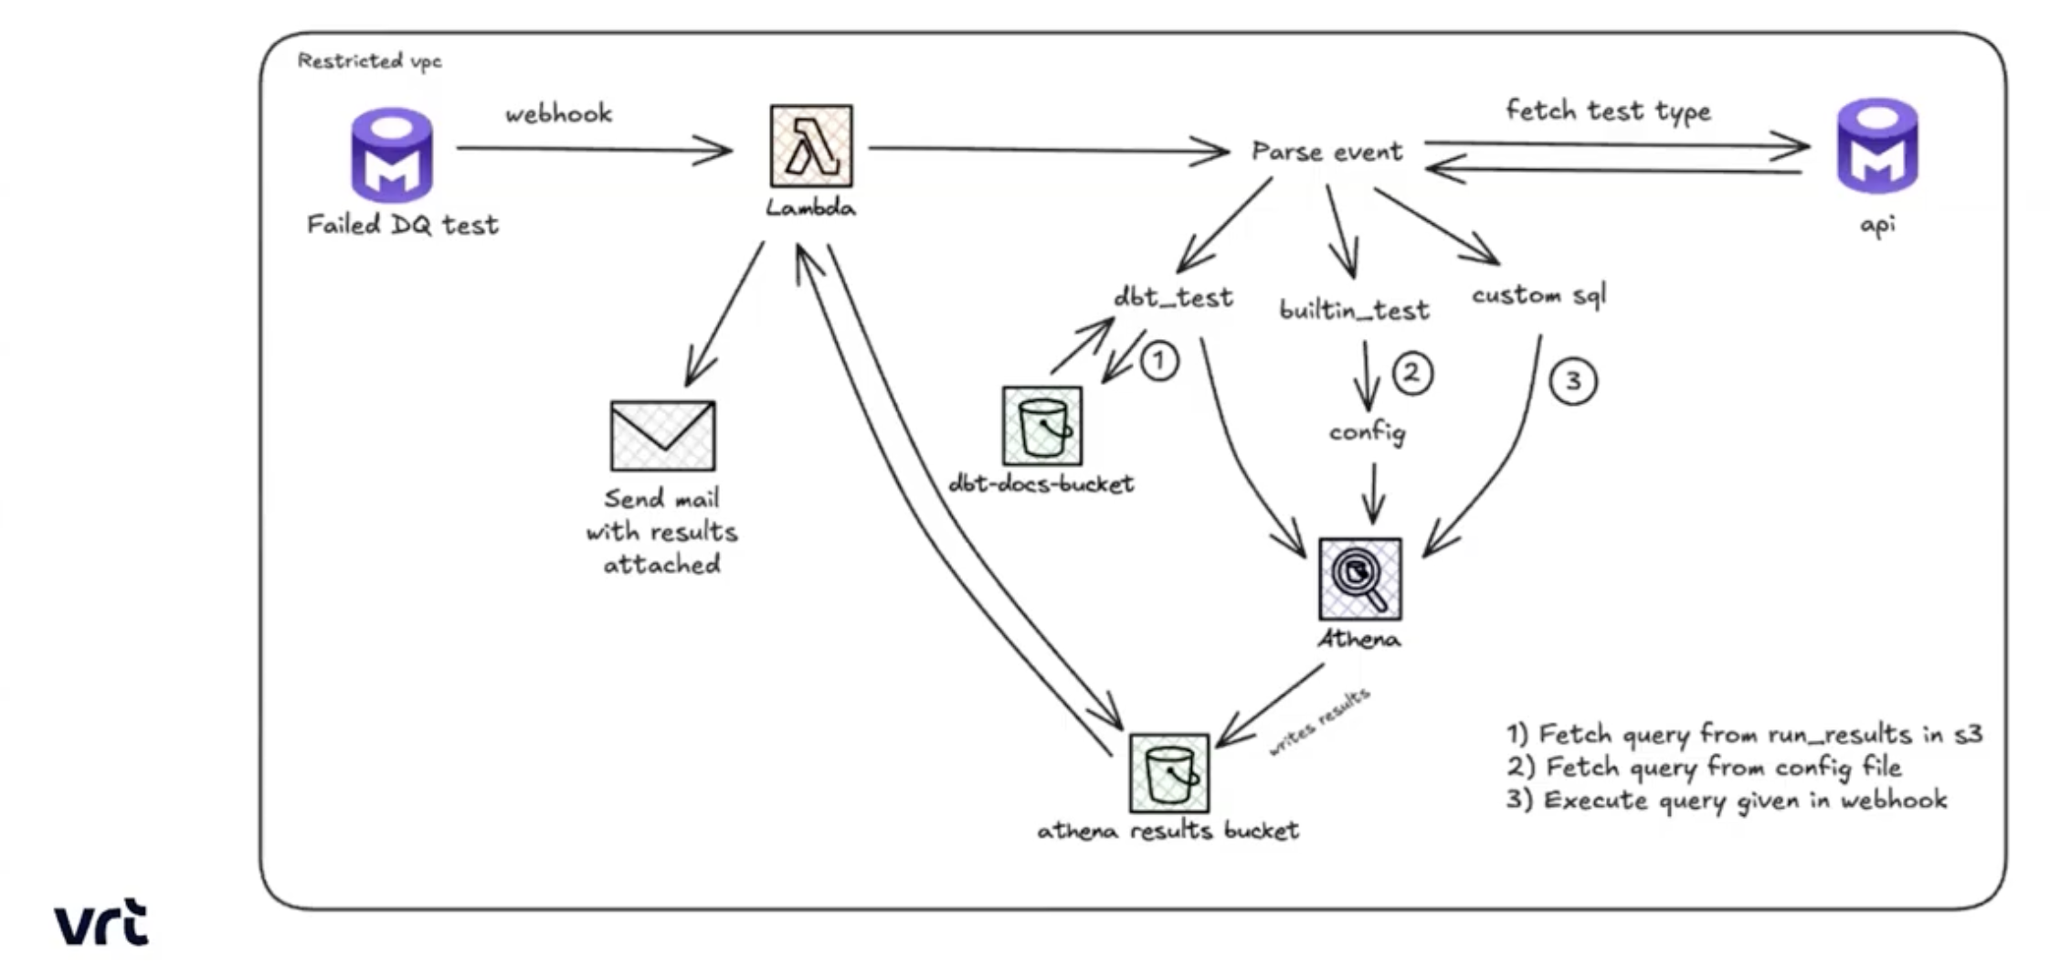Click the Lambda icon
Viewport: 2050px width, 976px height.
click(x=811, y=145)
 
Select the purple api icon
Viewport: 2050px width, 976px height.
click(x=1877, y=146)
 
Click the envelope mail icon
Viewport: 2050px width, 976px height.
click(x=662, y=435)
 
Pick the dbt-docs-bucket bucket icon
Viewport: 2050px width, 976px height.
click(x=1042, y=426)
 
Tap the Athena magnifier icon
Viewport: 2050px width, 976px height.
click(x=1359, y=578)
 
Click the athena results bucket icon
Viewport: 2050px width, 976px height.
click(x=1168, y=773)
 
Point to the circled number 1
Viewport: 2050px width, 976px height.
click(x=1159, y=361)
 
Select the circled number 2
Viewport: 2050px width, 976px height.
click(x=1411, y=374)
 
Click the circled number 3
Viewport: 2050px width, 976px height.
click(x=1573, y=381)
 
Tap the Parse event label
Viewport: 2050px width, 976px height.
click(x=1326, y=152)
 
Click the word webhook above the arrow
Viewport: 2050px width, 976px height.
click(x=558, y=114)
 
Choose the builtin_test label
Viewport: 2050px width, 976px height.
click(x=1354, y=311)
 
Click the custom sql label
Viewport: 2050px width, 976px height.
click(x=1538, y=295)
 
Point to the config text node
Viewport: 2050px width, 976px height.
click(x=1367, y=432)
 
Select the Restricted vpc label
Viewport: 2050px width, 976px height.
click(x=369, y=61)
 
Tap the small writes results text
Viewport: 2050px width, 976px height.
click(x=1319, y=723)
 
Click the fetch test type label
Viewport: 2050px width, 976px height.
click(x=1608, y=111)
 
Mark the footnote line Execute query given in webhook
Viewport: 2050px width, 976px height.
click(x=1727, y=801)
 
